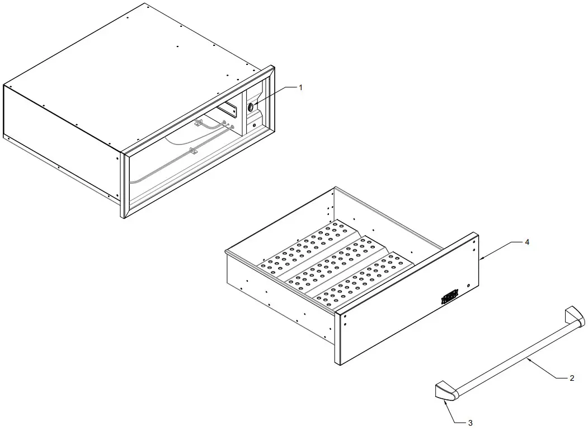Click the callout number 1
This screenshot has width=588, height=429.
tap(300, 87)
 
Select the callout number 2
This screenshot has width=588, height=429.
tap(571, 379)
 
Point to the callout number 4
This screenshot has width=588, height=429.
tap(526, 243)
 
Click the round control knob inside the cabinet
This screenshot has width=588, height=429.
tap(251, 106)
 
